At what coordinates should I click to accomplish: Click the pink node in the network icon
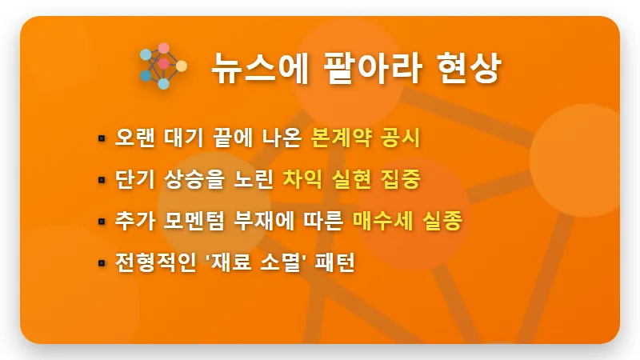pos(163,48)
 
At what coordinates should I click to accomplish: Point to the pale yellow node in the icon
pos(182,66)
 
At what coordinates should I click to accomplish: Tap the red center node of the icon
pos(163,64)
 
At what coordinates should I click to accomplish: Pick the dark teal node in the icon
pos(146,76)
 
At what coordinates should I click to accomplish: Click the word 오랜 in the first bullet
pos(132,137)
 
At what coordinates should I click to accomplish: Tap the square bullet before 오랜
pos(102,138)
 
